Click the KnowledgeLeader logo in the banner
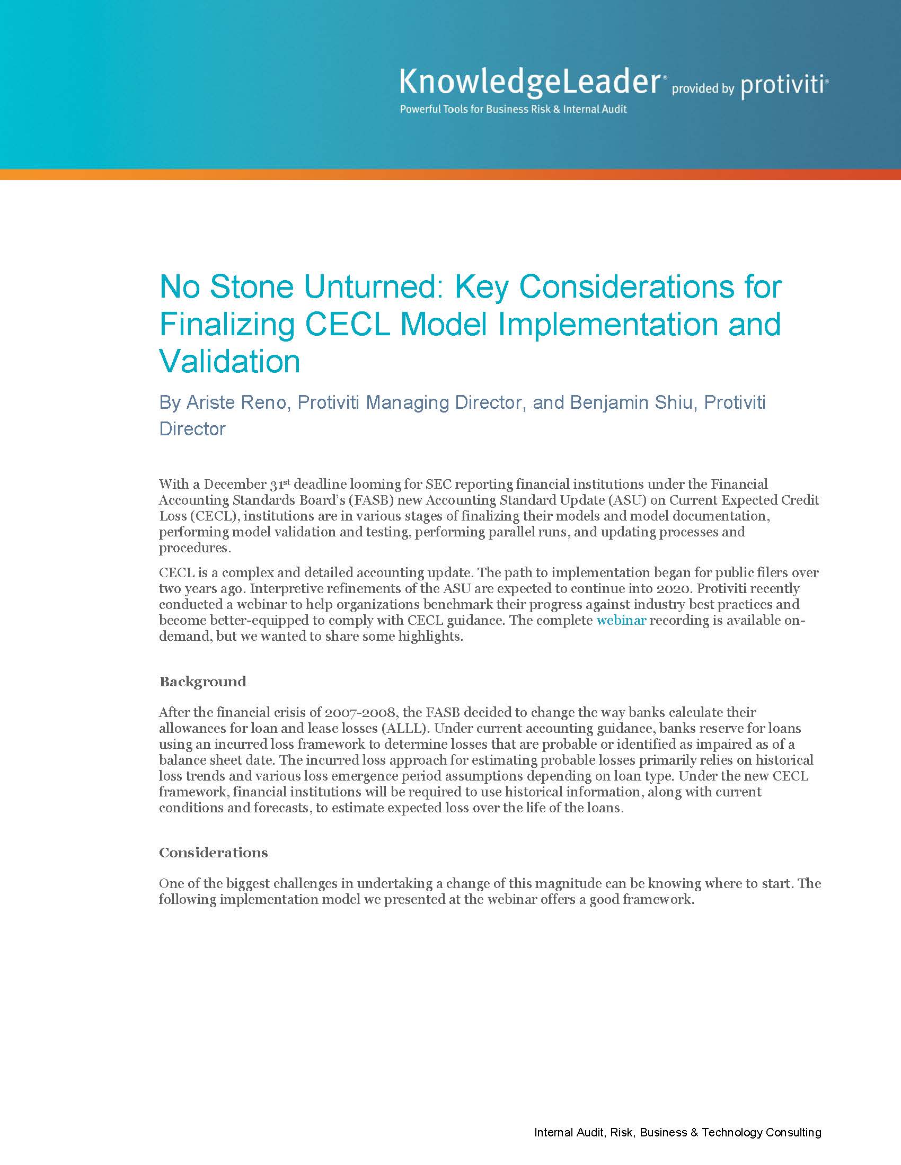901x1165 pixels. tap(530, 83)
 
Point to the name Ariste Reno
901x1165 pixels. tap(236, 402)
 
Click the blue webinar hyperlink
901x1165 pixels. tap(621, 621)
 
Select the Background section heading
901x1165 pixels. tap(203, 682)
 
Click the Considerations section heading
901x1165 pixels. tap(214, 853)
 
